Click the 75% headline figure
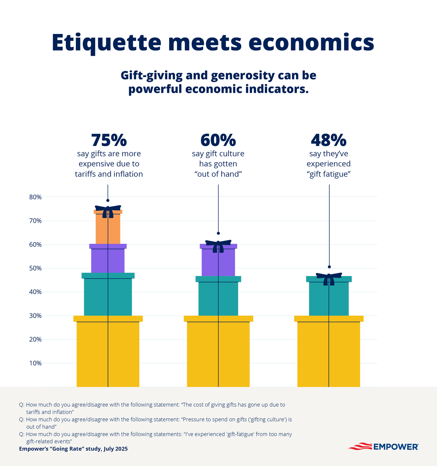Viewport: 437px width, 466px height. (109, 140)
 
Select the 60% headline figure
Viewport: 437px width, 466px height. (218, 140)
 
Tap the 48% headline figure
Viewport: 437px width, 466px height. (329, 140)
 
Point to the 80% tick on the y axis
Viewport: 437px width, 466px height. (35, 197)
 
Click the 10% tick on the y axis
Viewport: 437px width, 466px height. (35, 363)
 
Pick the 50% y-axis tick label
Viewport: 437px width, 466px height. (35, 268)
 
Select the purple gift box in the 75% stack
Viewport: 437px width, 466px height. (108, 259)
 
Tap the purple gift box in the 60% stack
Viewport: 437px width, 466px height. (218, 261)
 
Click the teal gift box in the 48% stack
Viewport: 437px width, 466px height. (329, 298)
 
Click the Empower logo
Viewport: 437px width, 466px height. (383, 446)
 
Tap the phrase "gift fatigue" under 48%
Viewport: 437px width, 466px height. (329, 174)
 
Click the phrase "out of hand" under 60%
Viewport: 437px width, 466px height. (218, 174)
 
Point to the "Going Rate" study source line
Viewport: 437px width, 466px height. (73, 449)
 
